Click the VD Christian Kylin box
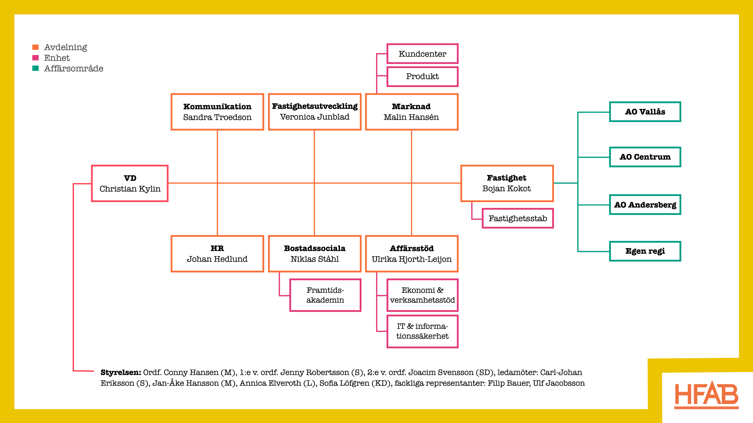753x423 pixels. [x=130, y=183]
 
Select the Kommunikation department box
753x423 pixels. [x=217, y=112]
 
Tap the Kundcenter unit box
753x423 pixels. [x=422, y=54]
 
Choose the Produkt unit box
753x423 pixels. [x=422, y=77]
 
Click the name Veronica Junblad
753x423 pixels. [x=314, y=117]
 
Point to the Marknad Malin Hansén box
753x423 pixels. [x=411, y=112]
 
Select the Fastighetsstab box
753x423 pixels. [x=518, y=219]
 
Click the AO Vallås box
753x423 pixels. [x=645, y=112]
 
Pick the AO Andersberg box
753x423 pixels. [x=645, y=205]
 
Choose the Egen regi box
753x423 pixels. [x=645, y=251]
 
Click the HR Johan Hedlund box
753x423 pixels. [x=217, y=254]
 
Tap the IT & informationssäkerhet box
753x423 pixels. [x=422, y=331]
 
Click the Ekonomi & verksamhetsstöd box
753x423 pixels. [x=422, y=295]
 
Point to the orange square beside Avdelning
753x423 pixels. [x=35, y=47]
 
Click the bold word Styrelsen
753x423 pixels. [x=120, y=372]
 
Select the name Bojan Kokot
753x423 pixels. [x=506, y=189]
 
